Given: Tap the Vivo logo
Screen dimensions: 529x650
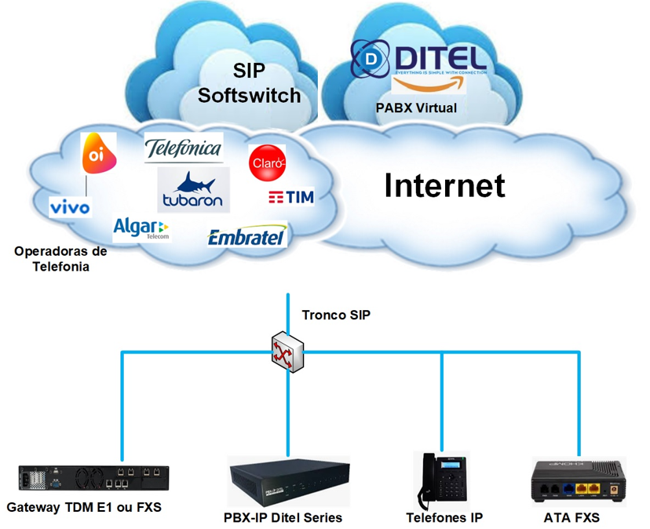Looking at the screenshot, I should tap(70, 206).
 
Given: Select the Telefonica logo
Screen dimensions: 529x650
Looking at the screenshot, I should tap(184, 148).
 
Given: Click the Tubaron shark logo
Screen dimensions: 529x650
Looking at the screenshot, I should tap(193, 190).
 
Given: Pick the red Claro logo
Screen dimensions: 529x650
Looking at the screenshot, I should tap(267, 162).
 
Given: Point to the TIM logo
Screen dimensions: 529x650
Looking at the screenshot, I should tap(290, 197).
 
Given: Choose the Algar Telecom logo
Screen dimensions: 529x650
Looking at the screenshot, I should tap(141, 228).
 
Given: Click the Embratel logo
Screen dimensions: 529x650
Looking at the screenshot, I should tap(247, 236).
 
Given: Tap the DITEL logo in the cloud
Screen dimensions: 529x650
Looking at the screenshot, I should tap(418, 60).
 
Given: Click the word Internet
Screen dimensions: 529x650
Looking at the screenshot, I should tap(444, 185).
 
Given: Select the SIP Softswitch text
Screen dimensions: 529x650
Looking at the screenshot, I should tap(249, 82).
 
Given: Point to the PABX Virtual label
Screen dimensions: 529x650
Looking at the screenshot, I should tap(417, 108).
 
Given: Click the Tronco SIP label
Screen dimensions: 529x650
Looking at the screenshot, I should tap(336, 316).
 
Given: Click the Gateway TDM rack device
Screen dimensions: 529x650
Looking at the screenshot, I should tap(93, 477).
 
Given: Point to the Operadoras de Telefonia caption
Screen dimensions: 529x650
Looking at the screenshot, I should tap(60, 259).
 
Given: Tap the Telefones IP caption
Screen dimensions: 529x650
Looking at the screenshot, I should tap(444, 518).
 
